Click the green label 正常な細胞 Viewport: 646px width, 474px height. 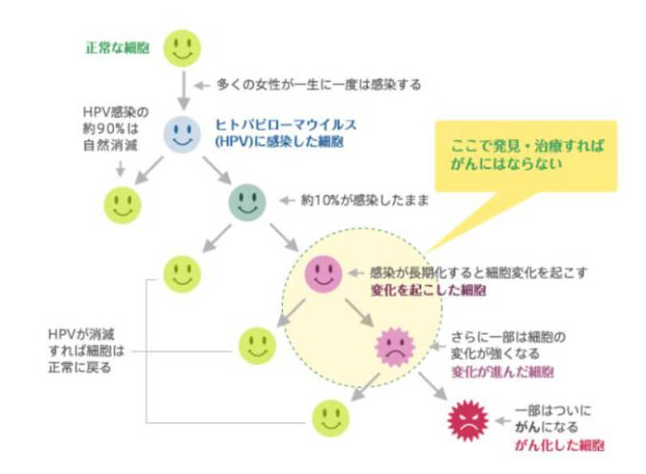point(117,49)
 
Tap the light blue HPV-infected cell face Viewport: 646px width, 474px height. point(182,134)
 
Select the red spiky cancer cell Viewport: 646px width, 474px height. point(468,421)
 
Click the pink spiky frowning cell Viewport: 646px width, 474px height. point(395,347)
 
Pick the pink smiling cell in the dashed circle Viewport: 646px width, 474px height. point(323,274)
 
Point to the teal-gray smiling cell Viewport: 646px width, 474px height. point(247,202)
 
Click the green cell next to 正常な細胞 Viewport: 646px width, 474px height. point(182,49)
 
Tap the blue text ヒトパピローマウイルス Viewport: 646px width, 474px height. point(286,124)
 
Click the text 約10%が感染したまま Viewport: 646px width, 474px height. point(365,201)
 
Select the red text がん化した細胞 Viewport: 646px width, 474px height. point(559,445)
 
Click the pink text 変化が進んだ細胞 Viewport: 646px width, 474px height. point(503,372)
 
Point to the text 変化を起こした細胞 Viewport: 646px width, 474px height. point(429,291)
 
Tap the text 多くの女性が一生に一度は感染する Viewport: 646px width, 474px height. point(319,85)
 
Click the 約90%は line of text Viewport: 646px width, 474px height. point(111,129)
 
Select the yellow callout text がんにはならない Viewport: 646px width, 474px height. point(507,163)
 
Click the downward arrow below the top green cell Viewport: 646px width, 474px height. point(184,90)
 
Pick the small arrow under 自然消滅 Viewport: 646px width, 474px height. point(120,169)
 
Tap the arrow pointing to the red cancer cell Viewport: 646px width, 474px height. point(433,386)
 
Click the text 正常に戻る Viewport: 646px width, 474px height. point(80,367)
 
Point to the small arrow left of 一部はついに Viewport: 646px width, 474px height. point(503,421)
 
